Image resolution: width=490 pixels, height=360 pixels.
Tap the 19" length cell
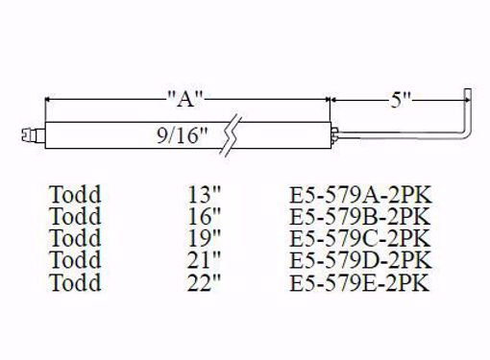[206, 236]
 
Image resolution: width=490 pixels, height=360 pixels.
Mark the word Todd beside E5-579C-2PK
[76, 236]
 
